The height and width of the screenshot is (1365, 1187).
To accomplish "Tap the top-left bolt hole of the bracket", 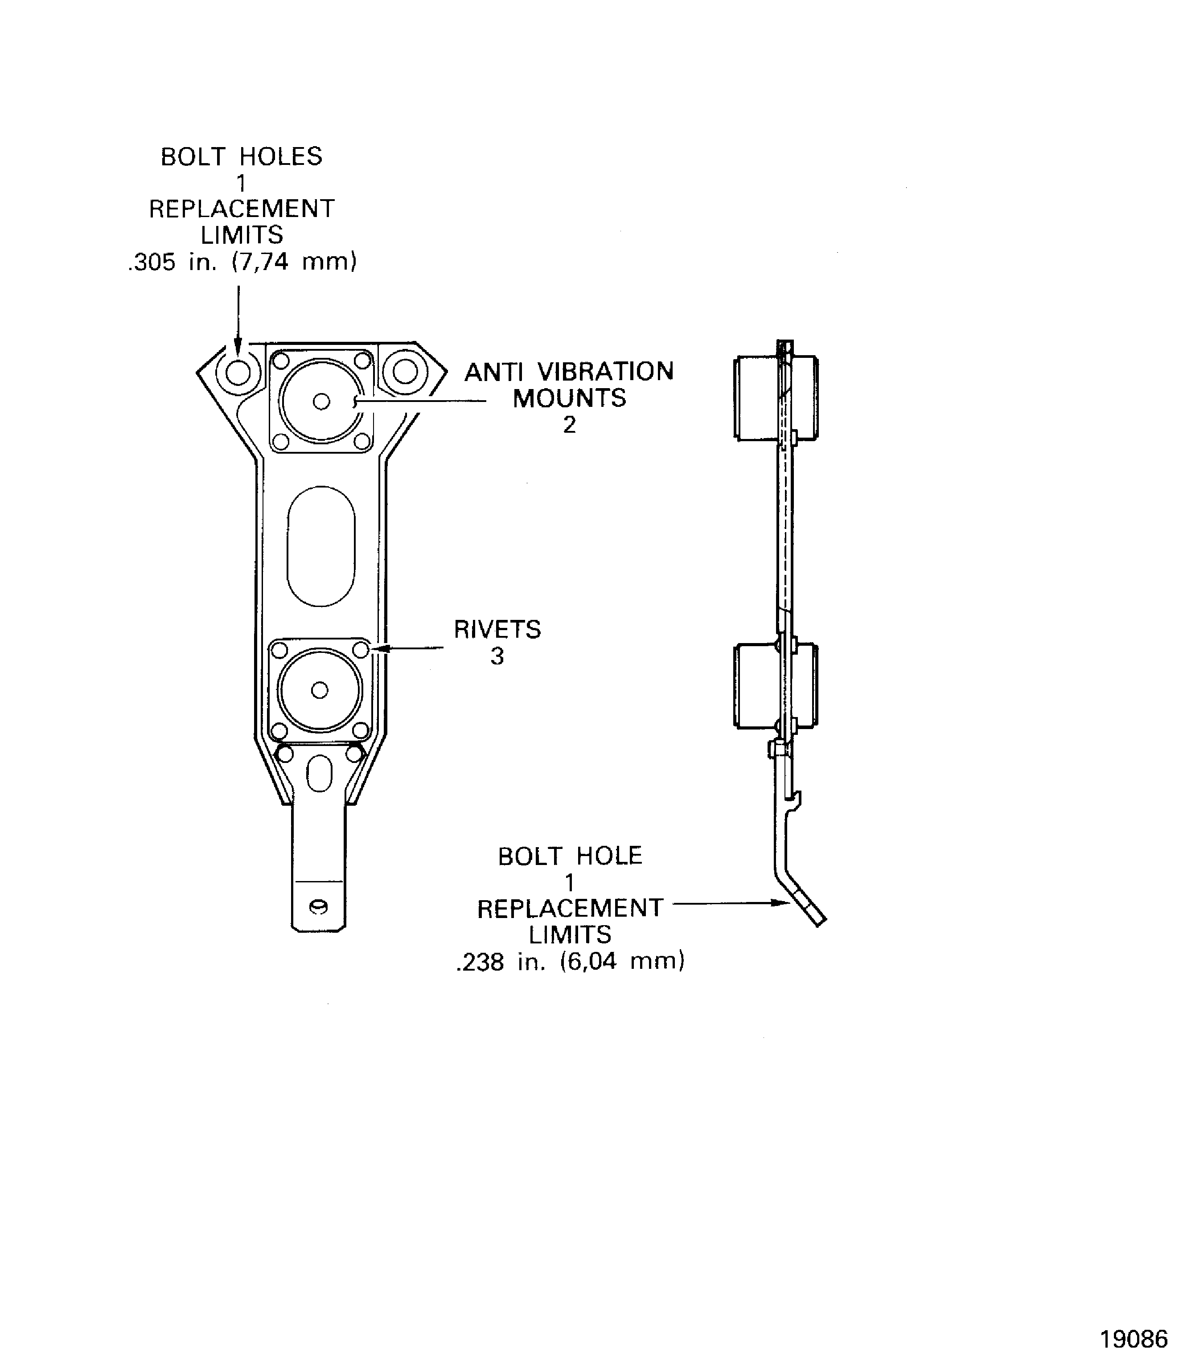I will coord(238,372).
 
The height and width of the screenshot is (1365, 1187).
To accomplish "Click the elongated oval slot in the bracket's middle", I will coord(320,546).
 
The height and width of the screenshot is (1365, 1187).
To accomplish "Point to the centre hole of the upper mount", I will coord(321,402).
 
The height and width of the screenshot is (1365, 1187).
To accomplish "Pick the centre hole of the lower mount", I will coord(319,690).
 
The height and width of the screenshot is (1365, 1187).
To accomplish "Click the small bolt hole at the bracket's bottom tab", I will coord(319,907).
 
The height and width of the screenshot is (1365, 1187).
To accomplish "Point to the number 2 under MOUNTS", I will coord(569,425).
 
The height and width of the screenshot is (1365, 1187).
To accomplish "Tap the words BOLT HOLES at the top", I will coord(241,157).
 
